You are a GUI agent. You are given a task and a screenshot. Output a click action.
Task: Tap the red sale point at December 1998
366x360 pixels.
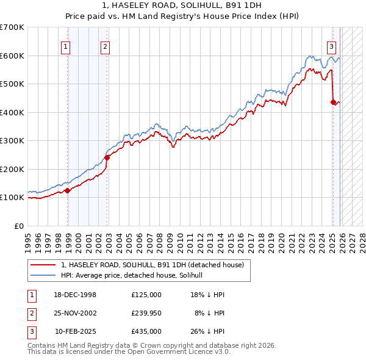pyautogui.click(x=68, y=190)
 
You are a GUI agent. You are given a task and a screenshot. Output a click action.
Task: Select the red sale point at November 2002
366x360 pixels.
pyautogui.click(x=107, y=157)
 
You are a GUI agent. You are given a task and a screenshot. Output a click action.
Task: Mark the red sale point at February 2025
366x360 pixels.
pyautogui.click(x=333, y=103)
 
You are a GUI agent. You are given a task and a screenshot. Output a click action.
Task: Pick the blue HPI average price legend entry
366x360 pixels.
pyautogui.click(x=135, y=275)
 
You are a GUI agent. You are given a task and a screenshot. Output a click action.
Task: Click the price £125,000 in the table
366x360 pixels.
pyautogui.click(x=146, y=295)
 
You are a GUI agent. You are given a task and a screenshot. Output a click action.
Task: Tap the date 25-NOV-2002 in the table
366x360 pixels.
pyautogui.click(x=75, y=313)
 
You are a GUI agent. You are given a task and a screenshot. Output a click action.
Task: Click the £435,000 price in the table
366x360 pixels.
pyautogui.click(x=146, y=331)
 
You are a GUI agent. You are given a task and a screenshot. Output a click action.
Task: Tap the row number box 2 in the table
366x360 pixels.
pyautogui.click(x=30, y=313)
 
